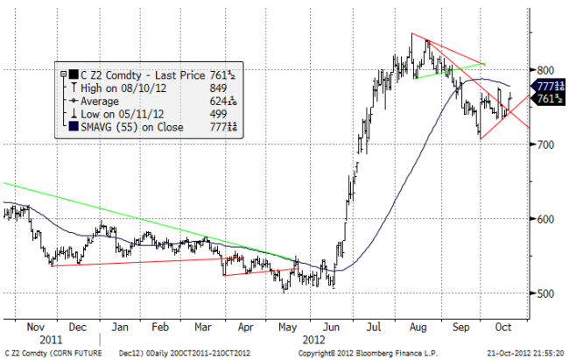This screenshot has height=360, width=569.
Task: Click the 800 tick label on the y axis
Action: (546, 70)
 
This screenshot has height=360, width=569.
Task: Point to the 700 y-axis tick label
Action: (546, 145)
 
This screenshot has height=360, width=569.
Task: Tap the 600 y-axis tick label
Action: (546, 219)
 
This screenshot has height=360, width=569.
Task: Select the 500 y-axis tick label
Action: (546, 293)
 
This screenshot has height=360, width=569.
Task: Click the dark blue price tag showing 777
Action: (548, 86)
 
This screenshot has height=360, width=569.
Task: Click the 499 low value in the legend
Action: (223, 113)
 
